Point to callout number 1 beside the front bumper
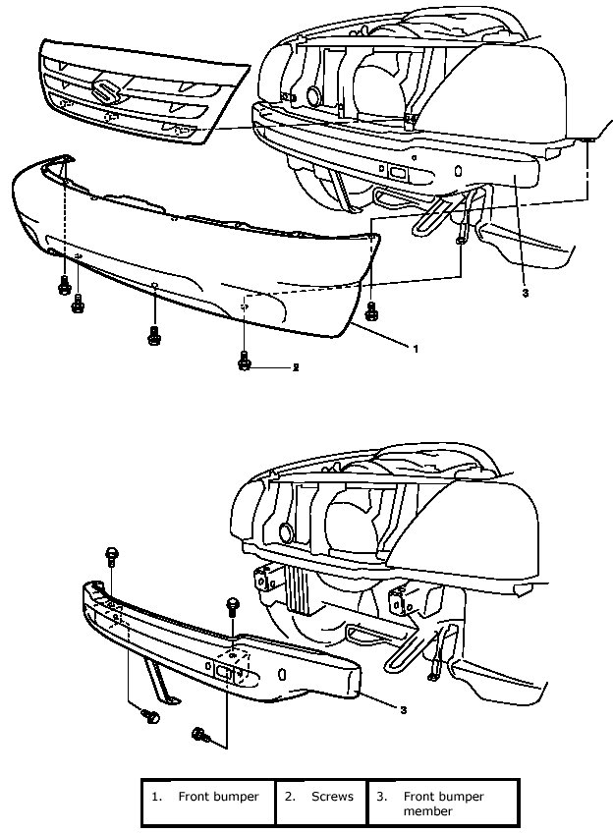[x=416, y=348]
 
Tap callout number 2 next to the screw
[x=294, y=366]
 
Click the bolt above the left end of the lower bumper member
[x=110, y=556]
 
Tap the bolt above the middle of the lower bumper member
[x=233, y=605]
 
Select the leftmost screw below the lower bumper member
[x=152, y=717]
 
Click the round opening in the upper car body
[x=313, y=96]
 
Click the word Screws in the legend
[x=332, y=797]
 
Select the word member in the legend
[x=427, y=811]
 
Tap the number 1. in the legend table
[x=156, y=797]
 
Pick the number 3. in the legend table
[x=381, y=797]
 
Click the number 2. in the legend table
[x=290, y=797]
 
